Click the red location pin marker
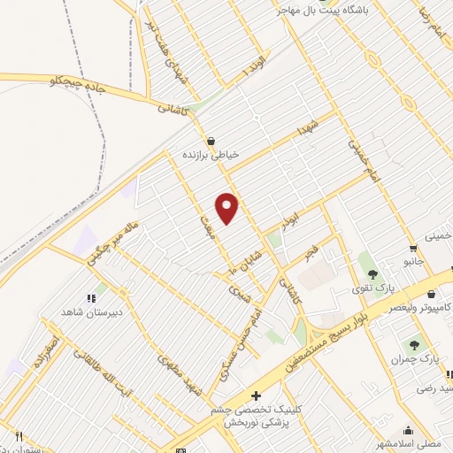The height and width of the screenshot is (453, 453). [x=227, y=208]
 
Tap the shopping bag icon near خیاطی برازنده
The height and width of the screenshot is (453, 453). [x=211, y=141]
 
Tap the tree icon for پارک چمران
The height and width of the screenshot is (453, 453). [x=413, y=345]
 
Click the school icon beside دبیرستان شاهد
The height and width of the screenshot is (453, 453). [x=90, y=297]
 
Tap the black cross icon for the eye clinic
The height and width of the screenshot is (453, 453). [x=257, y=396]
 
